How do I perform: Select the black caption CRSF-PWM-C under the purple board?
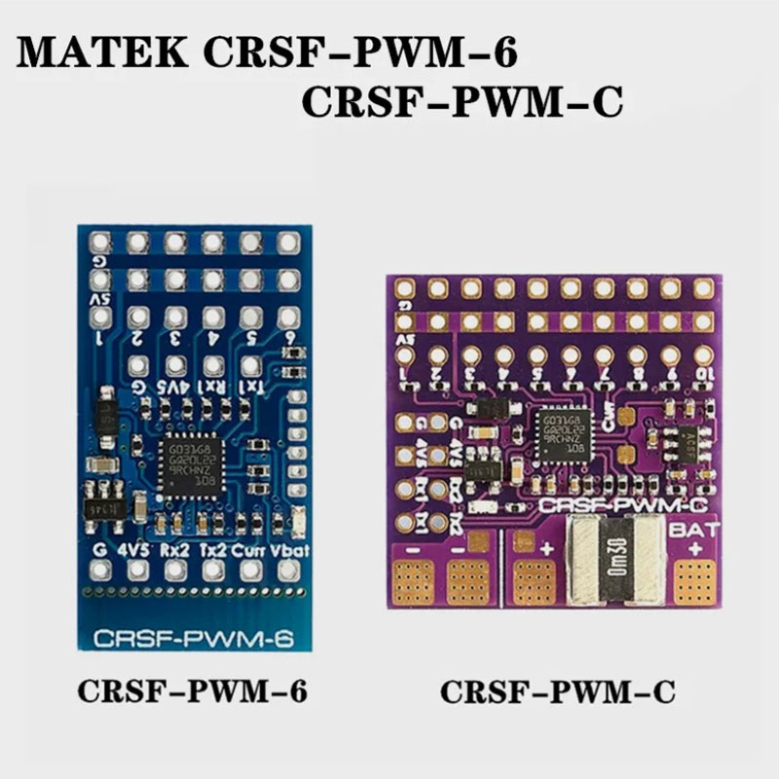coord(557,692)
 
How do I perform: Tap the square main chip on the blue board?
coord(192,466)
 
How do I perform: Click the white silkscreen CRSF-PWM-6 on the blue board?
coord(195,639)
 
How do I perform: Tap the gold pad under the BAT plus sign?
coord(694,583)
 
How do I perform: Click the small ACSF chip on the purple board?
coord(686,443)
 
